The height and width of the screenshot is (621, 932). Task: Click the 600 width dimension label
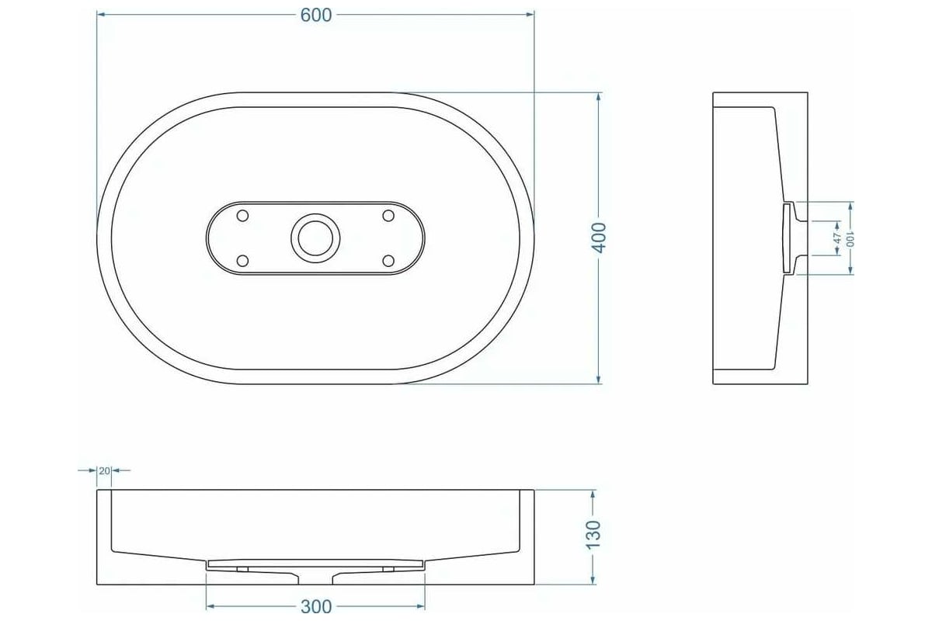[316, 16]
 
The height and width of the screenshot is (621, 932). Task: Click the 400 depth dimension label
[599, 238]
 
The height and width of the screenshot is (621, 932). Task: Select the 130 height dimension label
[593, 535]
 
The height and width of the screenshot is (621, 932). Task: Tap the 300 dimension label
[316, 607]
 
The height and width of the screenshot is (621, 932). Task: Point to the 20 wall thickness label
[104, 471]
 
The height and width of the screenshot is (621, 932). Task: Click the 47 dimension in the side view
[837, 238]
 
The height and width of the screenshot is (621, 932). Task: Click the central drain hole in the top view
[315, 238]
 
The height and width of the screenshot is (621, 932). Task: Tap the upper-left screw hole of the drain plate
[242, 216]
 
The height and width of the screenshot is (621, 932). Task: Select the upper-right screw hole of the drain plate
[388, 216]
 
